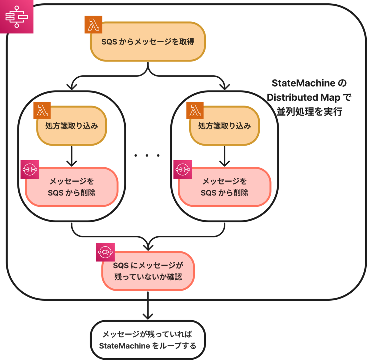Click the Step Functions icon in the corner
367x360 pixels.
tap(17, 17)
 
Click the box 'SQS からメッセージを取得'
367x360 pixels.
tap(148, 42)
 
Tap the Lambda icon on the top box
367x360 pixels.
tap(93, 24)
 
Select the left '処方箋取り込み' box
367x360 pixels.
tap(72, 126)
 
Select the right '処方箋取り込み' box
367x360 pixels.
tap(224, 126)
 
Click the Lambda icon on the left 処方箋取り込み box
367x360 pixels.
tap(42, 110)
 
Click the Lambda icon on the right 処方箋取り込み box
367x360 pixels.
tap(195, 110)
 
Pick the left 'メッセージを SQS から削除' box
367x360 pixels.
tap(72, 187)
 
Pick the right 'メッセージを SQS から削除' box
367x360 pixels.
tap(224, 187)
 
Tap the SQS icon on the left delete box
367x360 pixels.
tap(30, 169)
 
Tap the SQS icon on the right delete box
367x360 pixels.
tap(183, 169)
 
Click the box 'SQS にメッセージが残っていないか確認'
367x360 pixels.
tap(148, 271)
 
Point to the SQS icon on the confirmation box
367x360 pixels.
tap(105, 252)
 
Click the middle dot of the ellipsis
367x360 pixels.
tap(147, 155)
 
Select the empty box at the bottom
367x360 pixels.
tap(148, 340)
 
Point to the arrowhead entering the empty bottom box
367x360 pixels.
tap(148, 317)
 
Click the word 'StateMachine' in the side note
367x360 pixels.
tap(303, 83)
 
